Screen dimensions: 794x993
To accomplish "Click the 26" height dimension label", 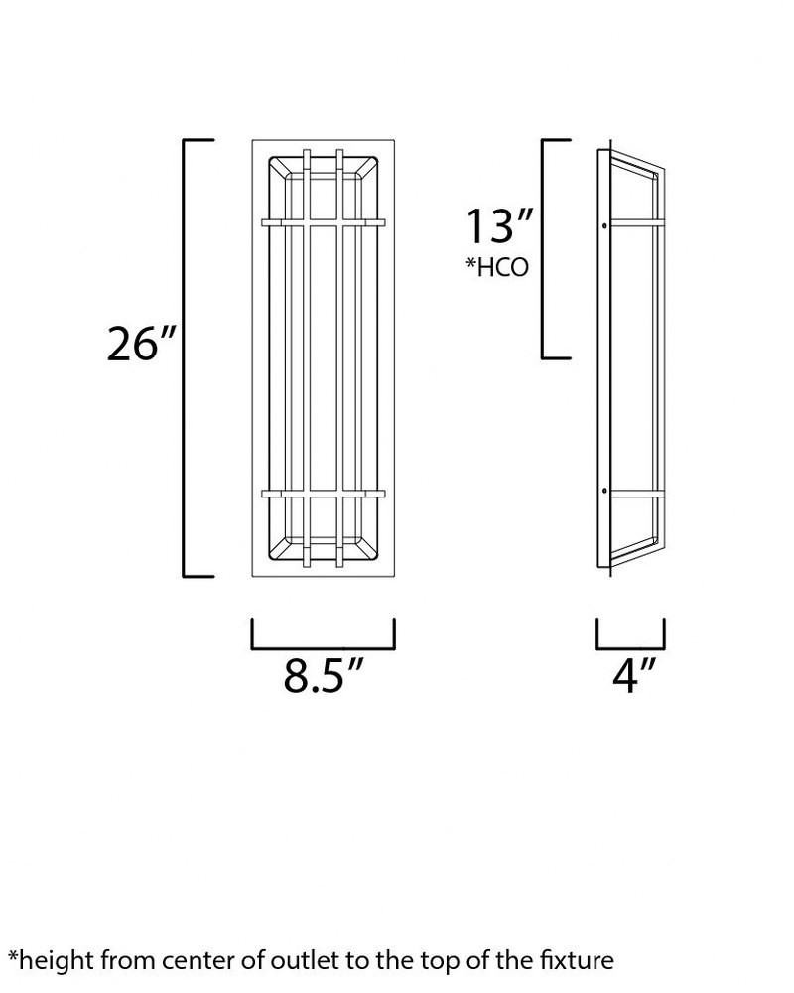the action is tap(141, 345).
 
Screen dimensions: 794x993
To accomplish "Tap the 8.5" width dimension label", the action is tap(323, 675).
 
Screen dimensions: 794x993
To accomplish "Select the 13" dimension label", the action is tap(499, 226).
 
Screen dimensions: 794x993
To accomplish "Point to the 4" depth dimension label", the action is tap(632, 675).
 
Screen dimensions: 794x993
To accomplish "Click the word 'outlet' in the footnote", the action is tap(304, 960).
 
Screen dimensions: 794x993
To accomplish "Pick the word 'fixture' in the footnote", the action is tap(577, 960).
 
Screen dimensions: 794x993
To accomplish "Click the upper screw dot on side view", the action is tap(604, 225).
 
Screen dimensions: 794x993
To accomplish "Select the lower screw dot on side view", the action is tap(604, 491).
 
